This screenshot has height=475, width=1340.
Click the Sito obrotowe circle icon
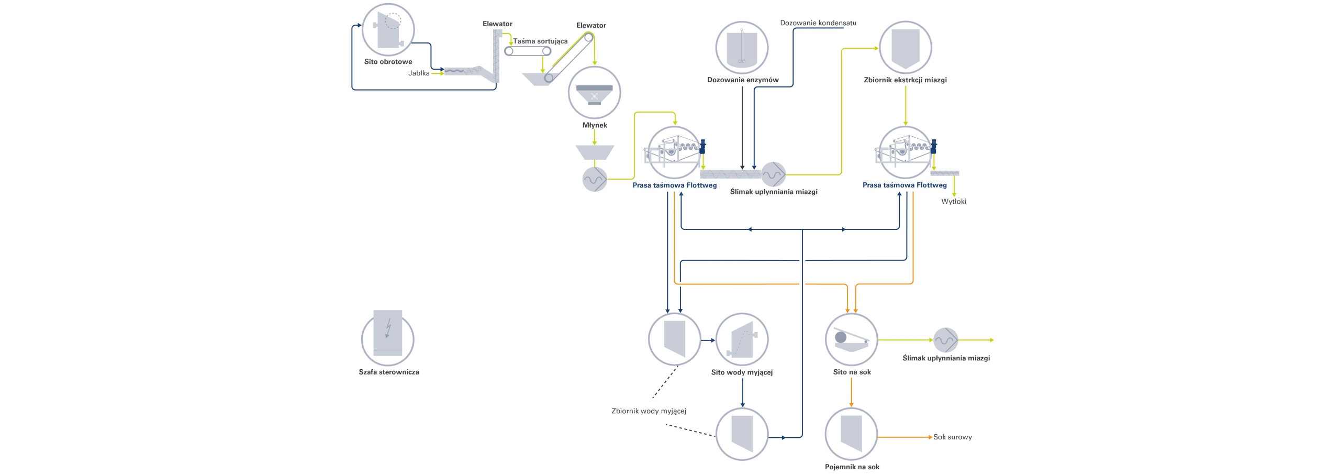point(388,30)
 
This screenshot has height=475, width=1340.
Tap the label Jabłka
point(419,73)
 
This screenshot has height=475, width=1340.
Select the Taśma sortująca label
point(540,41)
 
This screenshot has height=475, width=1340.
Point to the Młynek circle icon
point(595,93)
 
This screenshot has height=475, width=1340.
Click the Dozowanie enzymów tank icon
point(742,48)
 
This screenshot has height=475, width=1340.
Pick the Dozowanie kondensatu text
point(818,23)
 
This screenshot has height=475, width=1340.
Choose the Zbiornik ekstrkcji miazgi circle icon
point(906,48)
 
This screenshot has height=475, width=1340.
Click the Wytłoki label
point(954,201)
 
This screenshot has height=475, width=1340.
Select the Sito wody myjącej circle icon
point(742,339)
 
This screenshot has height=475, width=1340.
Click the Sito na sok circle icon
point(852,339)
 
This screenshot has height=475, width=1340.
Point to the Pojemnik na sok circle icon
point(851,434)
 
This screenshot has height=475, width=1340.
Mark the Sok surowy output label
point(953,437)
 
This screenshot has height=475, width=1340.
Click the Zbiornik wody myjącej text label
point(649,411)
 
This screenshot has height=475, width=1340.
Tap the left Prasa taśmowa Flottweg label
point(675,185)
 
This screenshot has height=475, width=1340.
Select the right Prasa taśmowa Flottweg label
point(904,185)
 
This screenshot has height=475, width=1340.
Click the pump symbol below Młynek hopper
point(595,180)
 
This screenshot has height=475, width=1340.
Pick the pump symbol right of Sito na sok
point(946,340)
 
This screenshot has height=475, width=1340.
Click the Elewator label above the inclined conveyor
point(591,25)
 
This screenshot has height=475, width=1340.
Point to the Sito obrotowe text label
point(388,62)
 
